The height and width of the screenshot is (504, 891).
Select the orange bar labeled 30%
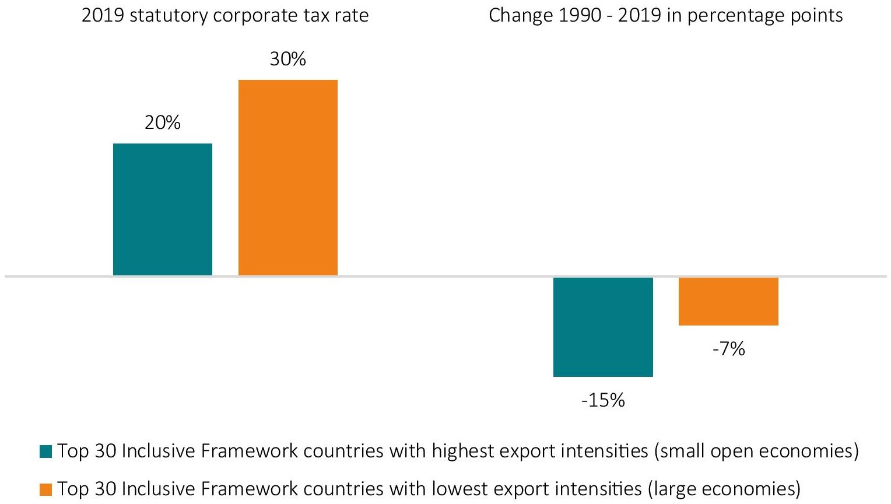tap(288, 177)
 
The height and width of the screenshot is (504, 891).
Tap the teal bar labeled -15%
tap(603, 327)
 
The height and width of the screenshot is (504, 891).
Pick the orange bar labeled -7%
tap(728, 301)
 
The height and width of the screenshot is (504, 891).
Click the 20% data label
tap(163, 123)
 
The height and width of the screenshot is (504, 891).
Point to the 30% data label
tap(288, 60)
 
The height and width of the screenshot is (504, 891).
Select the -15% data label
tap(603, 401)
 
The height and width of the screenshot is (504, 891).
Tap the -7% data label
tap(729, 349)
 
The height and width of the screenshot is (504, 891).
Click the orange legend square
tap(46, 489)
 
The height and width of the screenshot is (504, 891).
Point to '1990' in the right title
tap(579, 16)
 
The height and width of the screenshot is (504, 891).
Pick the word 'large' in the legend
tap(671, 489)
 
